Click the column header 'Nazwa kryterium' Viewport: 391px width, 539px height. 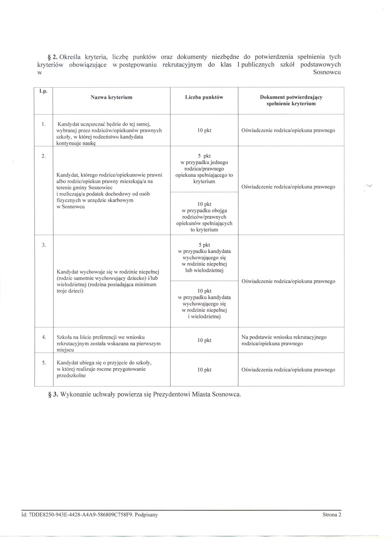click(x=111, y=97)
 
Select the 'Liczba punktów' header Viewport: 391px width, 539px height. click(x=204, y=97)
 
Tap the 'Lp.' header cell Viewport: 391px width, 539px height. click(x=43, y=91)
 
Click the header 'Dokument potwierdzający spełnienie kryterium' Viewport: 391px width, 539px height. click(x=291, y=100)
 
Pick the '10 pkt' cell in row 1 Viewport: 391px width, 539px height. click(x=204, y=130)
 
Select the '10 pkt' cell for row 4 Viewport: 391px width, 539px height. click(x=204, y=340)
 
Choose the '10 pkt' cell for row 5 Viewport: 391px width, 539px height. click(x=204, y=370)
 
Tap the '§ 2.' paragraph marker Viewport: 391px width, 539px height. click(x=52, y=57)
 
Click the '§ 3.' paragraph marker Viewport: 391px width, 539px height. click(x=53, y=394)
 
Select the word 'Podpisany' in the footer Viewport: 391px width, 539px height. click(x=146, y=515)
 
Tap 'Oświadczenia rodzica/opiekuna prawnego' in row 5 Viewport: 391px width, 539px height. click(x=288, y=370)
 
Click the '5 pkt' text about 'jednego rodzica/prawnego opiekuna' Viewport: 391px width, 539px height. click(x=204, y=156)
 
